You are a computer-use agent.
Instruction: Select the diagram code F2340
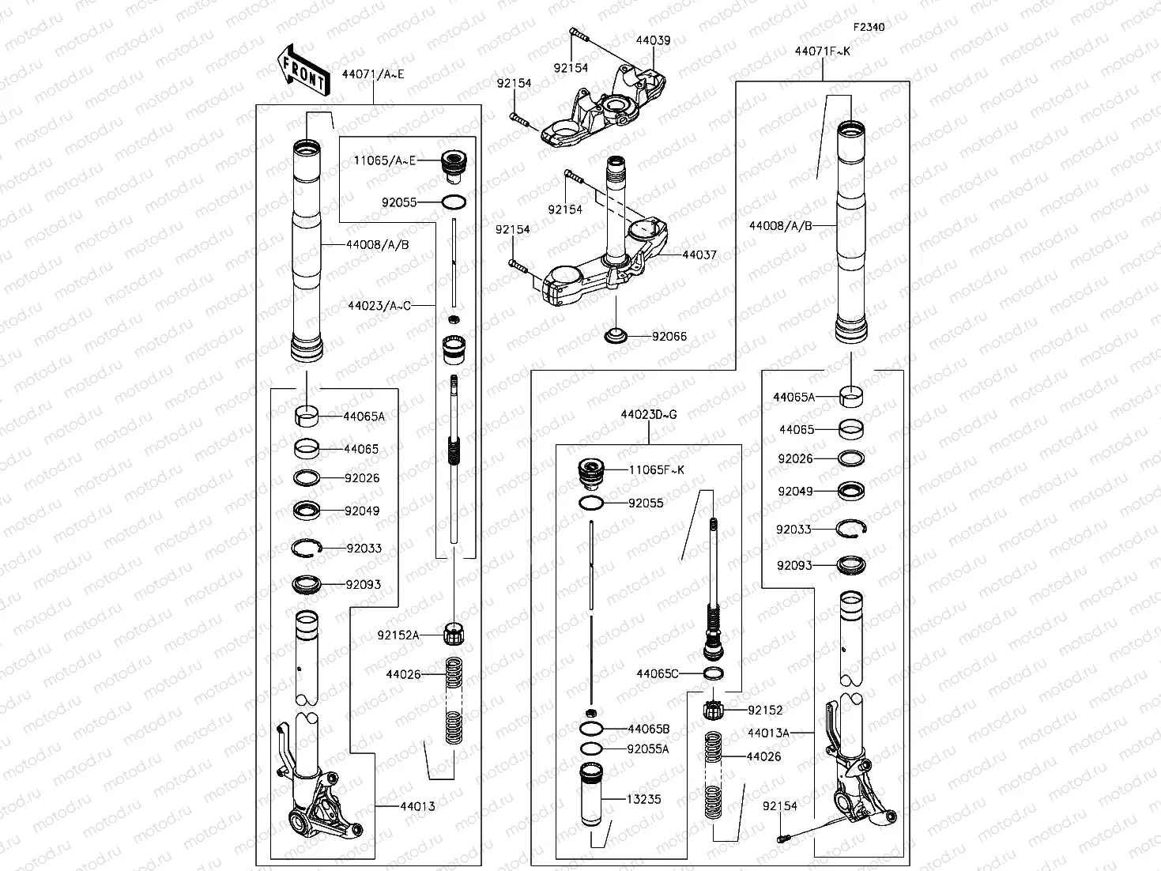(869, 27)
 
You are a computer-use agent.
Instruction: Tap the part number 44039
(653, 40)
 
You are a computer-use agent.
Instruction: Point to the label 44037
(699, 255)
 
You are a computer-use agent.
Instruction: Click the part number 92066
(669, 337)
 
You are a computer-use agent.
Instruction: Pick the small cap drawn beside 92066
(616, 337)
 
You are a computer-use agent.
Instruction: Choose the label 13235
(643, 799)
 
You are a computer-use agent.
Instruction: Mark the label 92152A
(398, 635)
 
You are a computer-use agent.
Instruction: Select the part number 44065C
(658, 673)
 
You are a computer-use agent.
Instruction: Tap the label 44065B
(648, 729)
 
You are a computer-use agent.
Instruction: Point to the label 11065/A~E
(384, 160)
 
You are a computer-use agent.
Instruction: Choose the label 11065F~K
(656, 469)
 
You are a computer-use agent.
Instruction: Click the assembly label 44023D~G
(648, 414)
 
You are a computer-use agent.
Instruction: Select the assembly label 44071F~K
(823, 51)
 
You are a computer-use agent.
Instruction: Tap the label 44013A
(768, 733)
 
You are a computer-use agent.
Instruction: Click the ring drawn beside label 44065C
(714, 673)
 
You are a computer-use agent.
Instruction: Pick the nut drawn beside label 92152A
(454, 634)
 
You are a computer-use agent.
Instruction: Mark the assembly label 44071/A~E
(372, 74)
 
